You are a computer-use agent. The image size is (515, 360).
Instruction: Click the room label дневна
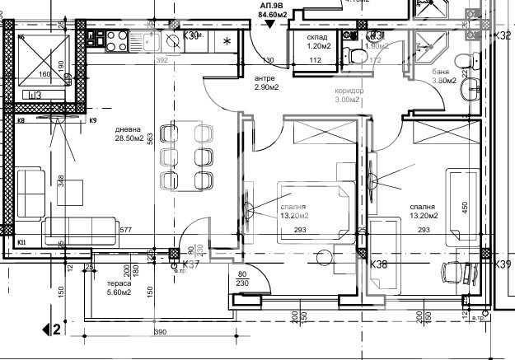(x=128, y=129)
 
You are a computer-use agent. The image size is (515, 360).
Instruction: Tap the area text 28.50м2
(x=130, y=139)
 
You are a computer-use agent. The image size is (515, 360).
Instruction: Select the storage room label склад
(x=318, y=38)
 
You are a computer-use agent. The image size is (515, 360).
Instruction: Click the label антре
(x=241, y=78)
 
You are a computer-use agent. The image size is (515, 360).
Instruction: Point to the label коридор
(x=347, y=91)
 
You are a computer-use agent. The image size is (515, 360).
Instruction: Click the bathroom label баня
(x=440, y=72)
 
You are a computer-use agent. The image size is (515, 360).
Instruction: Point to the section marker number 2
(x=57, y=330)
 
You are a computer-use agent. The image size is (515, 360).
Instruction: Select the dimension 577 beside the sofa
(x=125, y=230)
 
